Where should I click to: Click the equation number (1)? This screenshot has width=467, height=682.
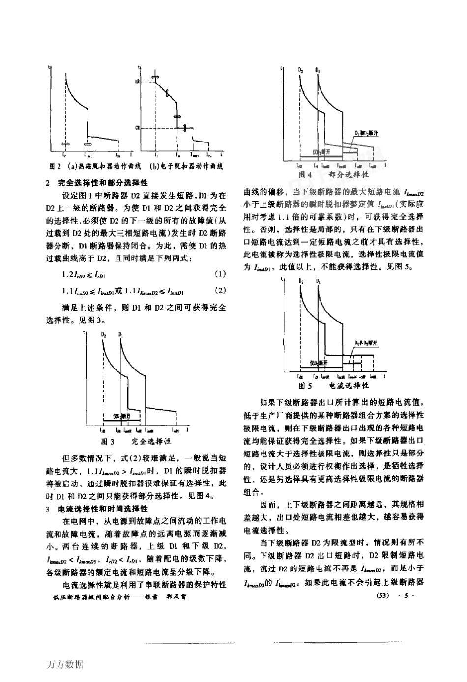(221, 273)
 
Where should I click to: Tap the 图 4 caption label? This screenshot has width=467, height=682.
(305, 175)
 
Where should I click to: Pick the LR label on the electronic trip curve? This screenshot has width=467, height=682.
(138, 81)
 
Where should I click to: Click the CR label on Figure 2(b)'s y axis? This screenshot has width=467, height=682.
(138, 128)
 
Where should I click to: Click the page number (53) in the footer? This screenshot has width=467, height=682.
(382, 596)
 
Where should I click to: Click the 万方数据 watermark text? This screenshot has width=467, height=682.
(65, 665)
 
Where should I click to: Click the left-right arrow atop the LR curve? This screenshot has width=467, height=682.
(155, 77)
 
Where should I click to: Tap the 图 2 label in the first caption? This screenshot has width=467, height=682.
(54, 166)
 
